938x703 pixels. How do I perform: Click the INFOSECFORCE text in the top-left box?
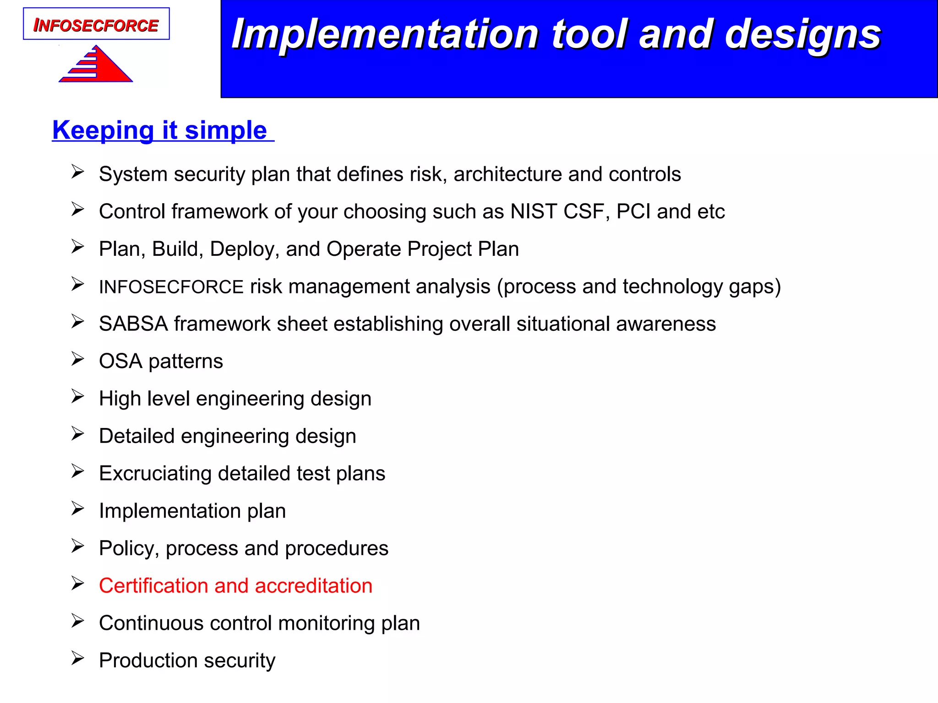point(96,25)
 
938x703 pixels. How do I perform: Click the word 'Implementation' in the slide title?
point(385,35)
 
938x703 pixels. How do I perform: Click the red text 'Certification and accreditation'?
point(235,586)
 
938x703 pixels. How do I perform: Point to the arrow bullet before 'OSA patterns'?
point(77,359)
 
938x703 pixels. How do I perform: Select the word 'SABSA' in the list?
point(133,324)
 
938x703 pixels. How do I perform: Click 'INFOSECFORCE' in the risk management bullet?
point(171,287)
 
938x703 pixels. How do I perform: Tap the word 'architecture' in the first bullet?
point(507,174)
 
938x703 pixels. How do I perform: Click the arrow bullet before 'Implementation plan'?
point(77,509)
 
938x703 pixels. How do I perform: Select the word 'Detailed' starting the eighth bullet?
point(136,436)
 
